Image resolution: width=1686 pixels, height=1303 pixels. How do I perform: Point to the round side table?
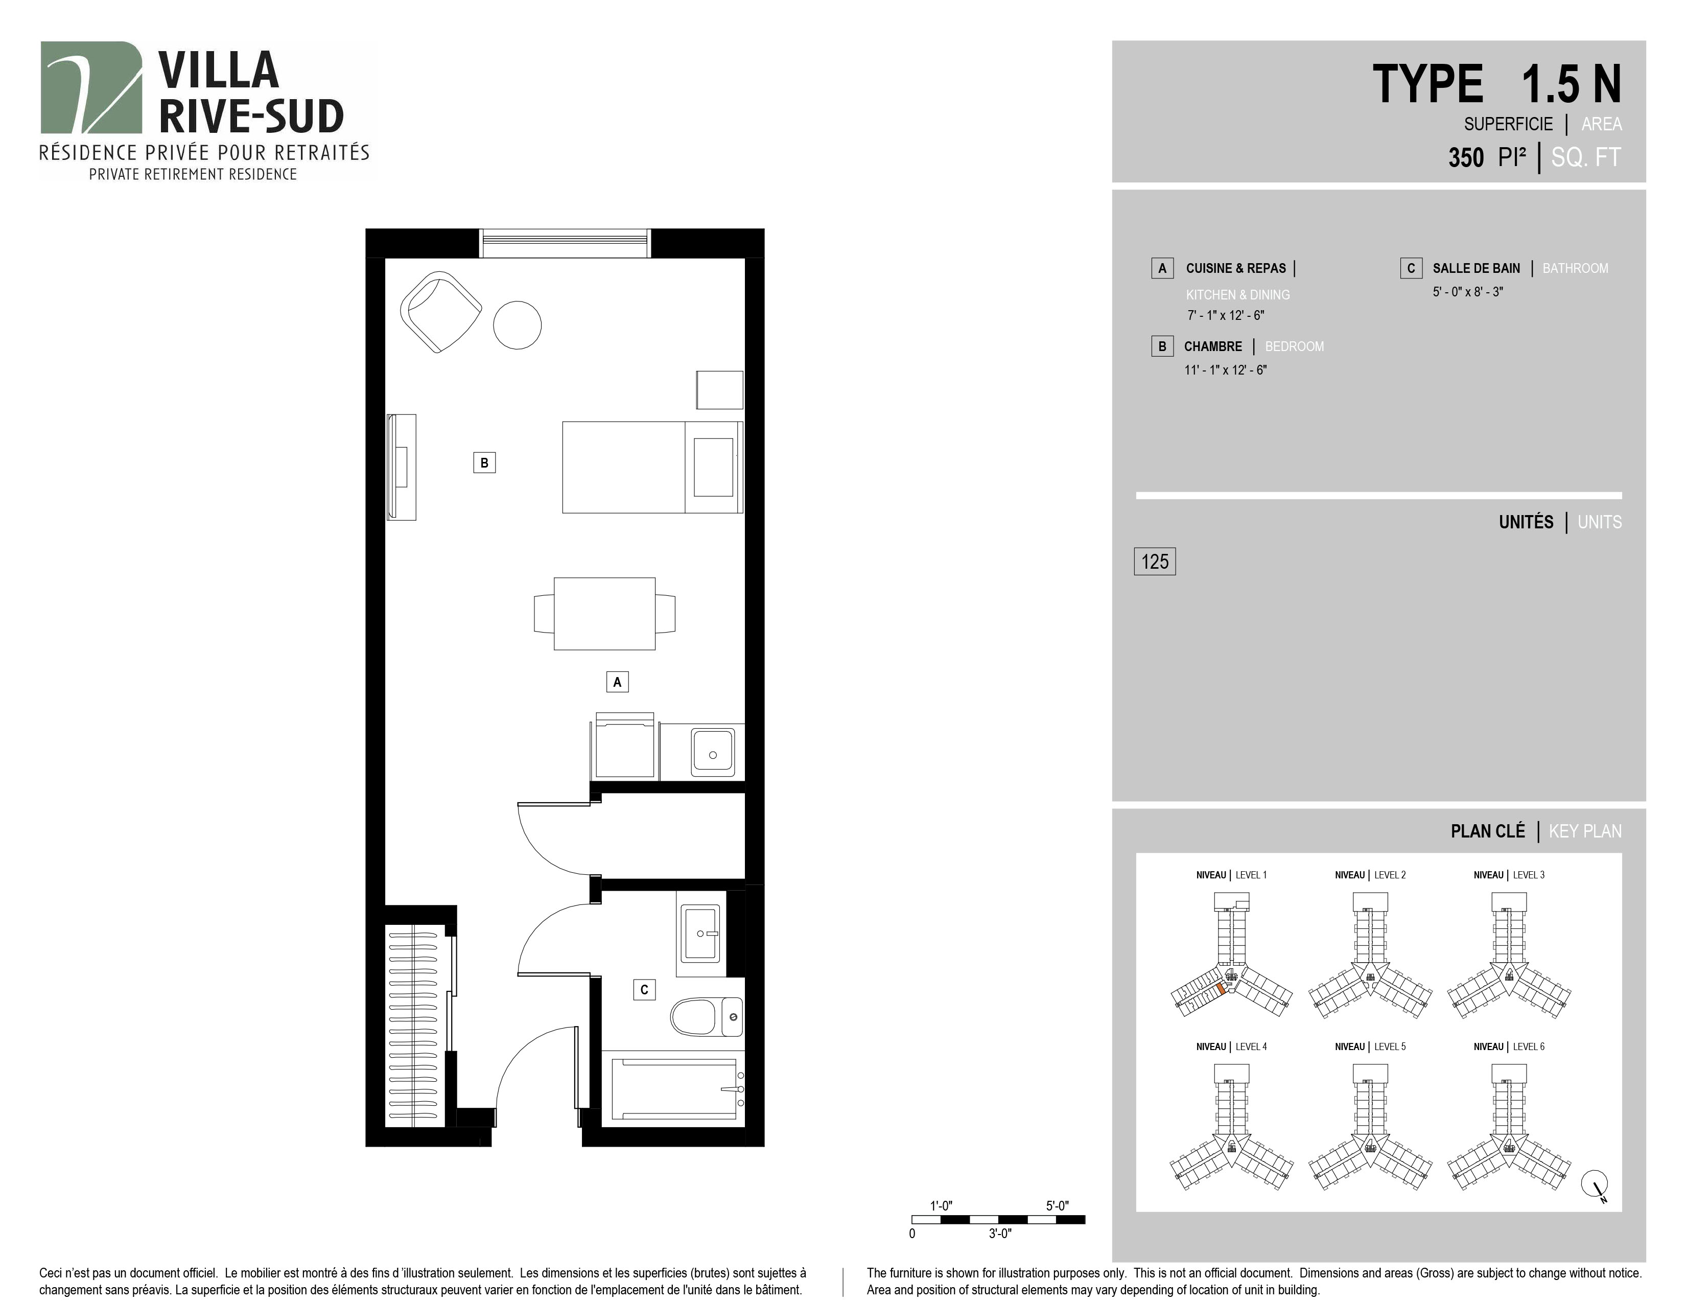(517, 325)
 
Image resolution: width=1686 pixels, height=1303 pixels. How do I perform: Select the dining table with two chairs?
(604, 614)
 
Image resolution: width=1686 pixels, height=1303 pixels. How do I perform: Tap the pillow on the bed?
(713, 467)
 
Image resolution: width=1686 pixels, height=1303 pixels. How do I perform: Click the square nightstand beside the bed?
(719, 390)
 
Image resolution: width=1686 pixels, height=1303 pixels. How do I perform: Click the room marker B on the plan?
(484, 462)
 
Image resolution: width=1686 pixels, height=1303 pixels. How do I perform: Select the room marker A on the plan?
(617, 682)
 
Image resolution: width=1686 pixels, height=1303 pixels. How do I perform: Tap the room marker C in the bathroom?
(644, 990)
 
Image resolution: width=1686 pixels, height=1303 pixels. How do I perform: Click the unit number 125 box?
(1155, 561)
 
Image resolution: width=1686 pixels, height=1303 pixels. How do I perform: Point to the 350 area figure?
(1466, 157)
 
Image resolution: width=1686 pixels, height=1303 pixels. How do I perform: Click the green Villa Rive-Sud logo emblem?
(92, 87)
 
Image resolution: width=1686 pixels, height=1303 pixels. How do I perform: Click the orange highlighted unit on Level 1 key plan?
(1221, 990)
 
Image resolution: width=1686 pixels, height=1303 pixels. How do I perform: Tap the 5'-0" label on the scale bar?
(1058, 1206)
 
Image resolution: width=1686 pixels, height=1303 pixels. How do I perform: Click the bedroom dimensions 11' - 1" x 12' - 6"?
(1226, 370)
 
